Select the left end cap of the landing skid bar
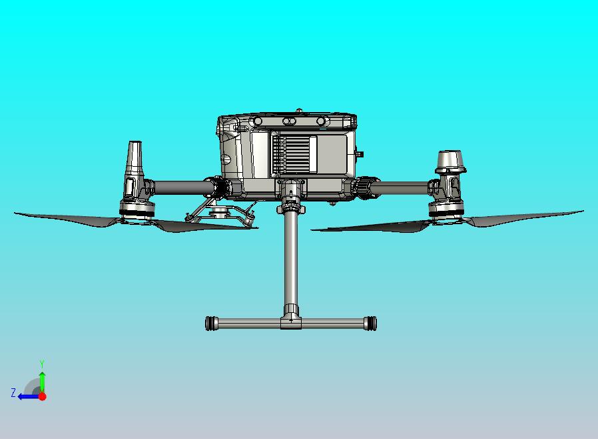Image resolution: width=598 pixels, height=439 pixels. point(212,324)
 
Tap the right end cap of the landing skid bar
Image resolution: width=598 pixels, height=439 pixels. point(372,324)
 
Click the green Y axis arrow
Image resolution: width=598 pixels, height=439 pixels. point(42,380)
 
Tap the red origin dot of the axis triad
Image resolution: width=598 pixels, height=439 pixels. point(42,396)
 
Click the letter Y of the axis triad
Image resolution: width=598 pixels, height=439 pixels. point(42,364)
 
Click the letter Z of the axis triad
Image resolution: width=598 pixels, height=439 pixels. point(13,393)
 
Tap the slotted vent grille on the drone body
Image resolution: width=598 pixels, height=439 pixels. point(294,155)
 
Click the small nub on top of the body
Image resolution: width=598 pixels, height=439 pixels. point(300,111)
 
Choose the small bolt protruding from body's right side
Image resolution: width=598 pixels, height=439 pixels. point(360,153)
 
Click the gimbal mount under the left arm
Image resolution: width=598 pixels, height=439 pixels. point(220,213)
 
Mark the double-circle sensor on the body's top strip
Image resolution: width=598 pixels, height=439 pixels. point(289,121)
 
